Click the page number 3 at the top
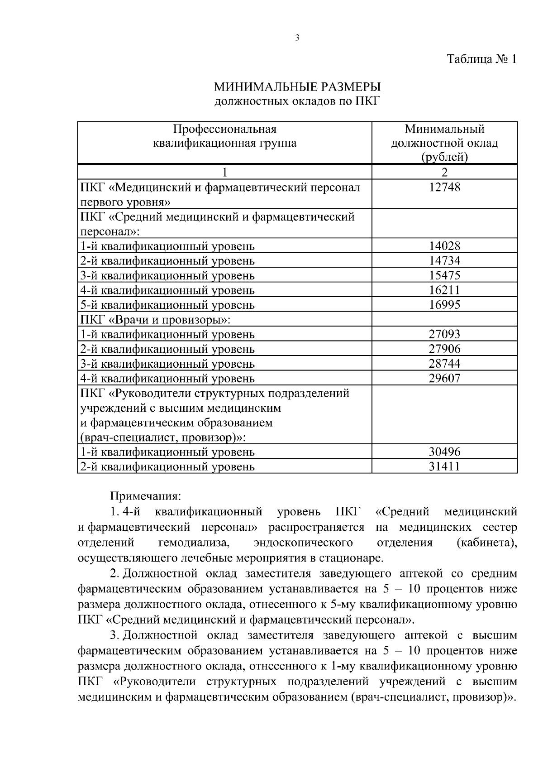297,38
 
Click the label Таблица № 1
481,59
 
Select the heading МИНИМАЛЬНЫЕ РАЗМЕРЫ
297,86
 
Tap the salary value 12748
444,187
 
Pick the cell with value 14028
444,246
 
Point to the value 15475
444,275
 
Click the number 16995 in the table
444,305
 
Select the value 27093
444,334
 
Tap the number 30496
444,452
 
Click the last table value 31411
444,466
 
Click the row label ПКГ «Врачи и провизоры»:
155,320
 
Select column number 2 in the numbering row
444,172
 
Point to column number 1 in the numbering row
224,172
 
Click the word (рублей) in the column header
444,157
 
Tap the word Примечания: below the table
146,496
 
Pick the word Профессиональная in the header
225,129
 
